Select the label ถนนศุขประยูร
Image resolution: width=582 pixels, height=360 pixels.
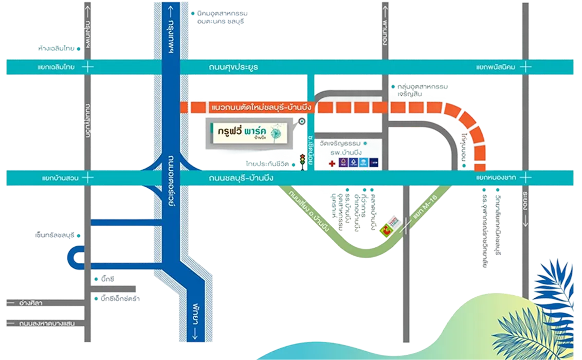click(233, 67)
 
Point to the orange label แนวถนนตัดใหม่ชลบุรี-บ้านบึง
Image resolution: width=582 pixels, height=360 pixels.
click(262, 107)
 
